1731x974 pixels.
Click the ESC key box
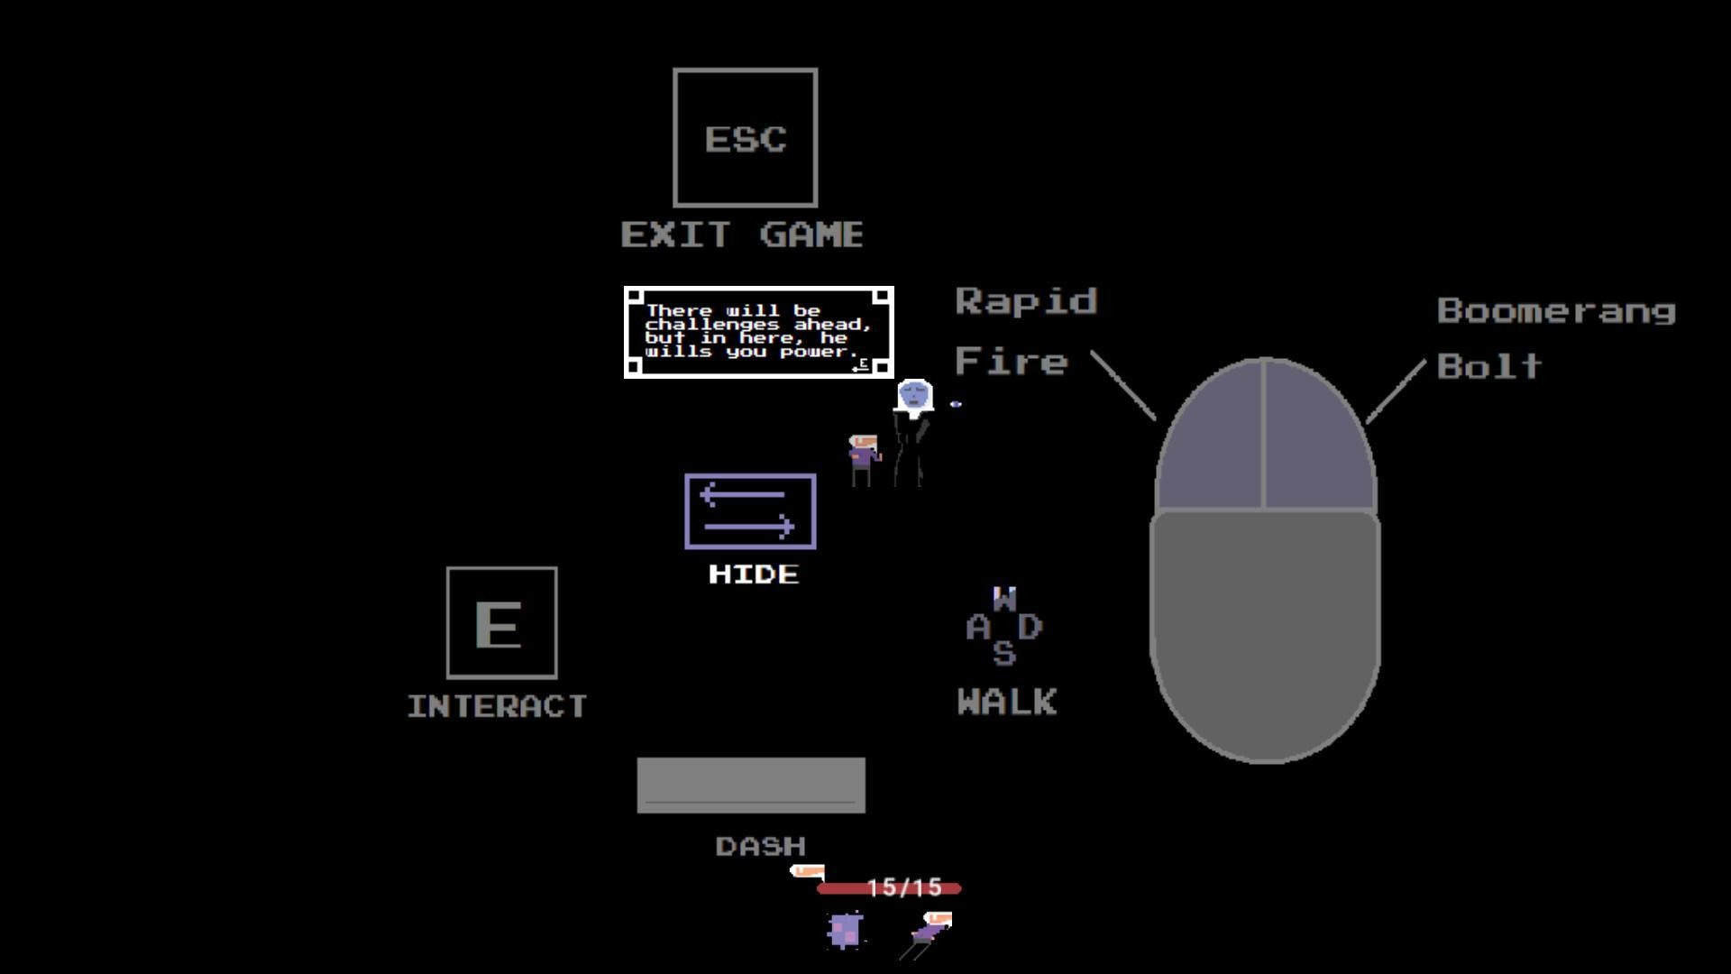click(746, 138)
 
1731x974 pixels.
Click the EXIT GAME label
click(742, 235)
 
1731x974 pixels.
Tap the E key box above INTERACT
click(502, 623)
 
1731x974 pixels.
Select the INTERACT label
click(498, 706)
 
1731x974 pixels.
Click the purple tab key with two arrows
click(751, 511)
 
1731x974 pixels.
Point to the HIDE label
click(754, 574)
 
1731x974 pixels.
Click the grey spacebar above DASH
click(751, 786)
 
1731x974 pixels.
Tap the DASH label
click(760, 847)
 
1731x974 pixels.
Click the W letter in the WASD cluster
click(1004, 598)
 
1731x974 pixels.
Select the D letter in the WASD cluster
click(1030, 626)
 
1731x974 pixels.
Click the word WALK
click(1007, 702)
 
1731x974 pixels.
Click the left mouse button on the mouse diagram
click(1210, 437)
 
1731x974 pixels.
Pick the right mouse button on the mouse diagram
click(1320, 437)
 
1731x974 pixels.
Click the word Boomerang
click(1556, 311)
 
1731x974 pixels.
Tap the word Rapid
click(1026, 301)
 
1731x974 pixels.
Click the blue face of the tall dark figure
click(914, 395)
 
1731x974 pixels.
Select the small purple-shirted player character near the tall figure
click(864, 461)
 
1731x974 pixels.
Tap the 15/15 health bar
click(889, 888)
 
